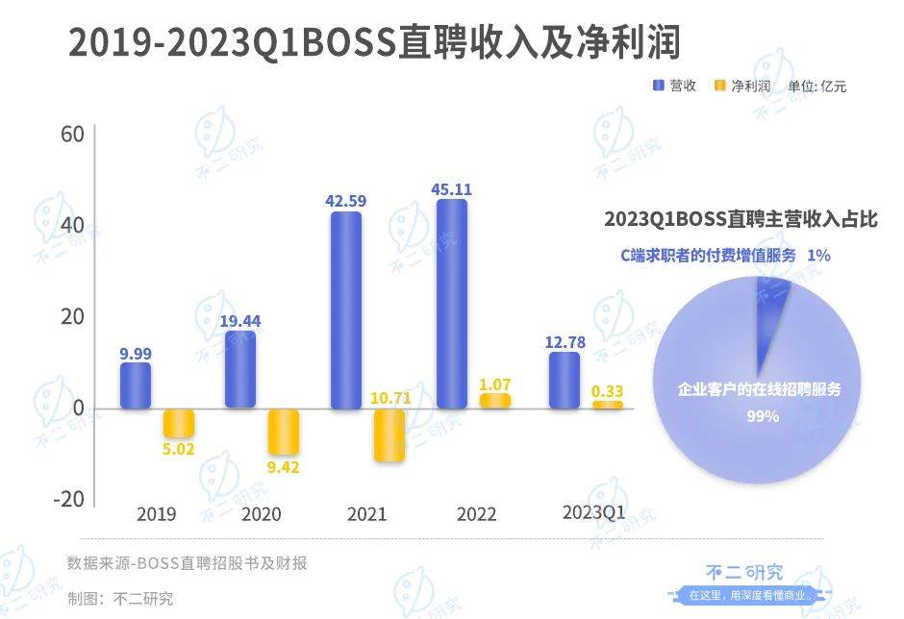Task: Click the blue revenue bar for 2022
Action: [452, 304]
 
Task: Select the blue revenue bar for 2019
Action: [136, 385]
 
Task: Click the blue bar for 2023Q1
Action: [565, 380]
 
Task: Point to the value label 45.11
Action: [452, 188]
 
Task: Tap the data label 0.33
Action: [608, 390]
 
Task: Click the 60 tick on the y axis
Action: [73, 134]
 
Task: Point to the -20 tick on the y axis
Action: [67, 500]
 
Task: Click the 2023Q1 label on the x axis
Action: [593, 513]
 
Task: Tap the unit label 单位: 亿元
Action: [816, 87]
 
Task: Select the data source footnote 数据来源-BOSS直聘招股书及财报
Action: [188, 562]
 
